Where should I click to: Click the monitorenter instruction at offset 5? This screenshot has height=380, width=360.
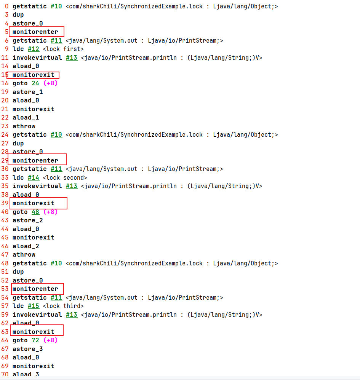click(x=35, y=32)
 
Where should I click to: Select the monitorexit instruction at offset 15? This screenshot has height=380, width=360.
click(x=34, y=75)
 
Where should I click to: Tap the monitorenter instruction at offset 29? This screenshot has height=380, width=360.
click(x=35, y=160)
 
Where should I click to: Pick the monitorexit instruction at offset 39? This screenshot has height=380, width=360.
click(x=34, y=203)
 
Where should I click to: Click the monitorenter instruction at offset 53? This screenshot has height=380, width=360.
click(x=35, y=289)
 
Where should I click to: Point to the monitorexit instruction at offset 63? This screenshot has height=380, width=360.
click(x=34, y=332)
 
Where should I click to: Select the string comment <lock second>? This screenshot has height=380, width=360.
click(x=65, y=177)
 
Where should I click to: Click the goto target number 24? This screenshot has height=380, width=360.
click(x=35, y=83)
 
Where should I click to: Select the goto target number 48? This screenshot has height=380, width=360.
click(x=35, y=212)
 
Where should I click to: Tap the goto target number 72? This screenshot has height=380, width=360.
click(x=35, y=340)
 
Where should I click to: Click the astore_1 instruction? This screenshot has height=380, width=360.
click(x=28, y=92)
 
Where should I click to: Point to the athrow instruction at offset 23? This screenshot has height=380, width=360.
click(x=24, y=126)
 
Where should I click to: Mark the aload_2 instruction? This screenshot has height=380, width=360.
click(x=26, y=246)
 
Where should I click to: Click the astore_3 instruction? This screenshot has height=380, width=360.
click(x=28, y=349)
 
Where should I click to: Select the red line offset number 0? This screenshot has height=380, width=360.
click(x=7, y=6)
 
